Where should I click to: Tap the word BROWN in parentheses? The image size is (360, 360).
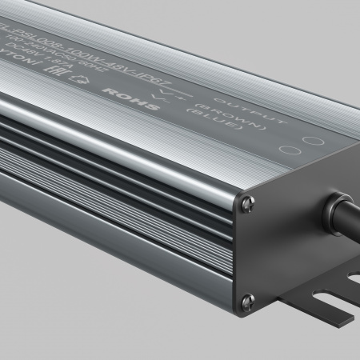(244, 118)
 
